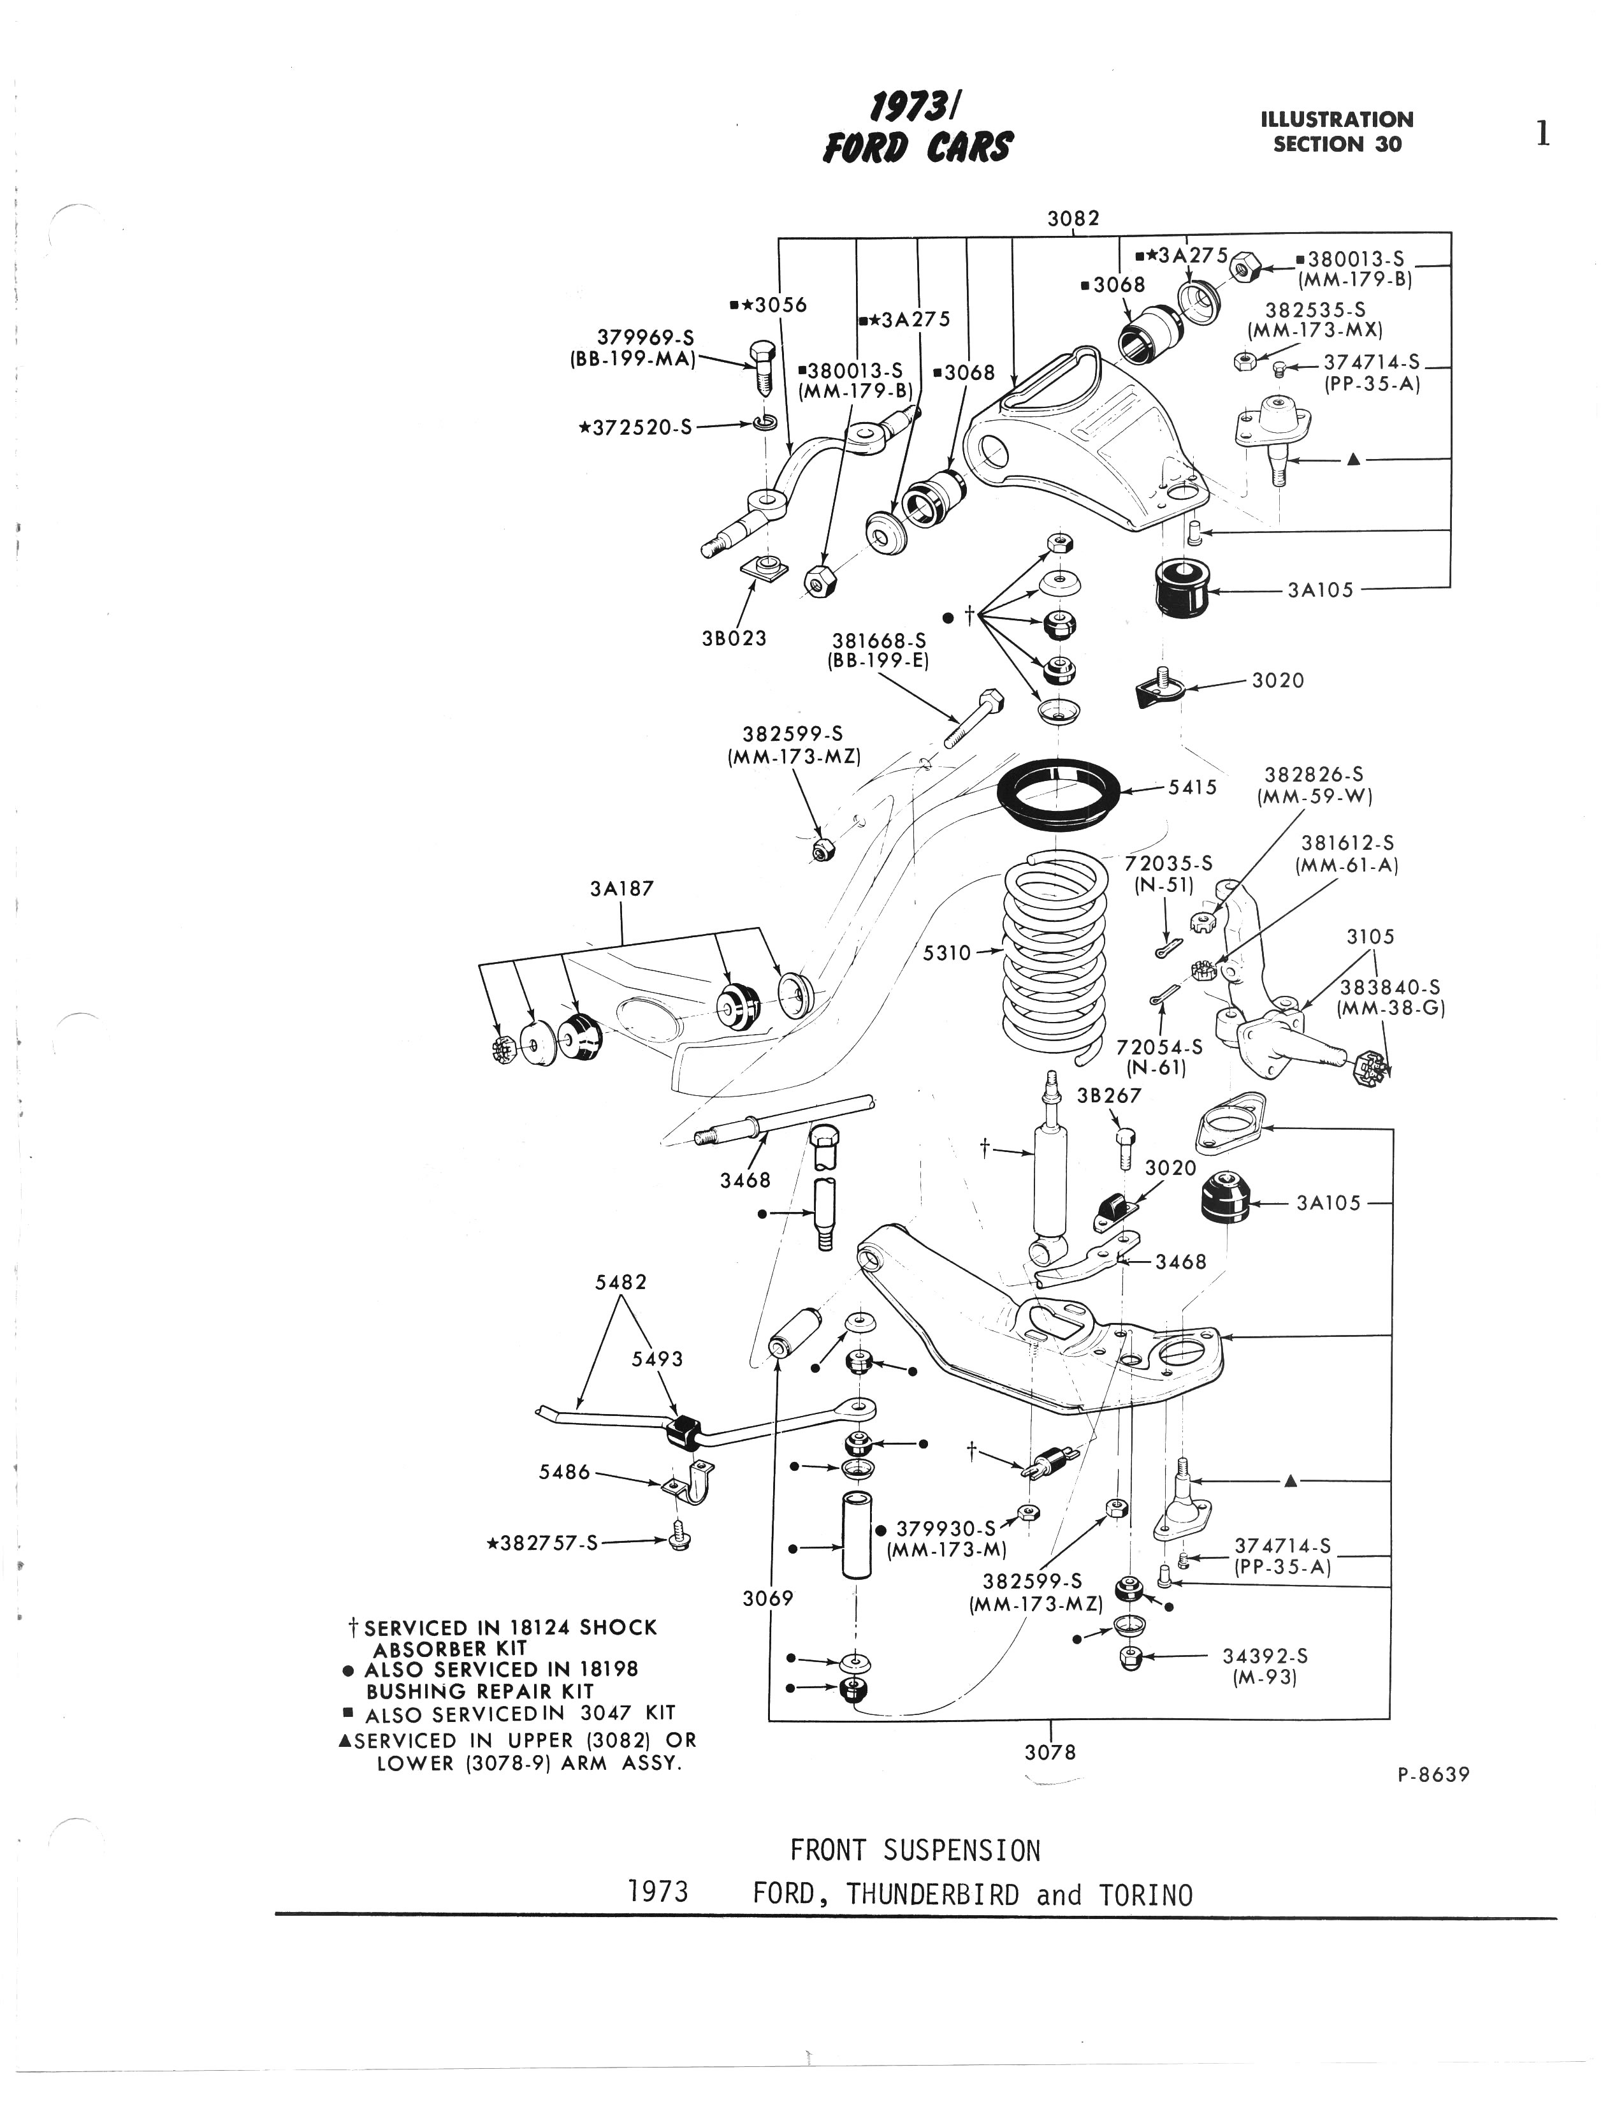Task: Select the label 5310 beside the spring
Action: click(946, 953)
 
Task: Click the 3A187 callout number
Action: click(622, 888)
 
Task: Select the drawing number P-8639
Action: click(1433, 1774)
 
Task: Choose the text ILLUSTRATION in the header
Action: click(1337, 120)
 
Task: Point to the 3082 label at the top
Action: click(1074, 218)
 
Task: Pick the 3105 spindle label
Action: click(1370, 937)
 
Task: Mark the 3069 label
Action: click(767, 1598)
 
